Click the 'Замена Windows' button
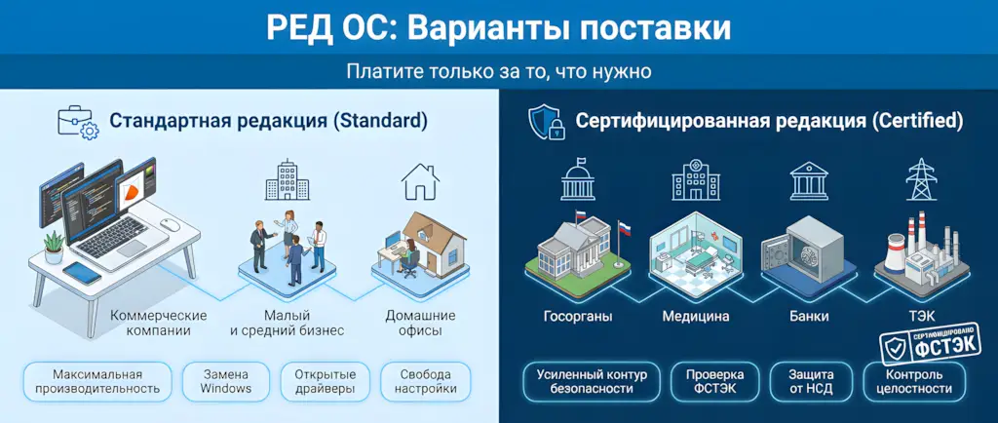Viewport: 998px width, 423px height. coord(226,381)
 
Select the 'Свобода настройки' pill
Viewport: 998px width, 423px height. coord(425,381)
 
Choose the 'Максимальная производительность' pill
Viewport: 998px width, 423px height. coord(97,381)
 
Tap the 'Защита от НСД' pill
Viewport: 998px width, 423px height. coord(811,381)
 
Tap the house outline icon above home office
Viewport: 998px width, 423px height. coord(420,181)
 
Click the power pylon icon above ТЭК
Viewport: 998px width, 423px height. coord(919,179)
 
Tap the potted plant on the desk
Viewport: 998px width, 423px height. coord(54,241)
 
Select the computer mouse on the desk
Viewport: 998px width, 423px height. coord(171,224)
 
